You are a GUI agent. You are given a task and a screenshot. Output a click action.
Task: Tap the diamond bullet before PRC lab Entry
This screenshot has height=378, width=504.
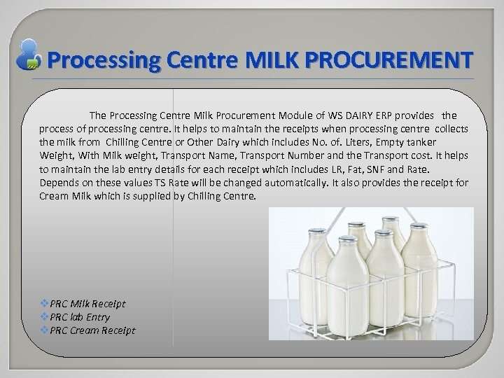45,317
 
